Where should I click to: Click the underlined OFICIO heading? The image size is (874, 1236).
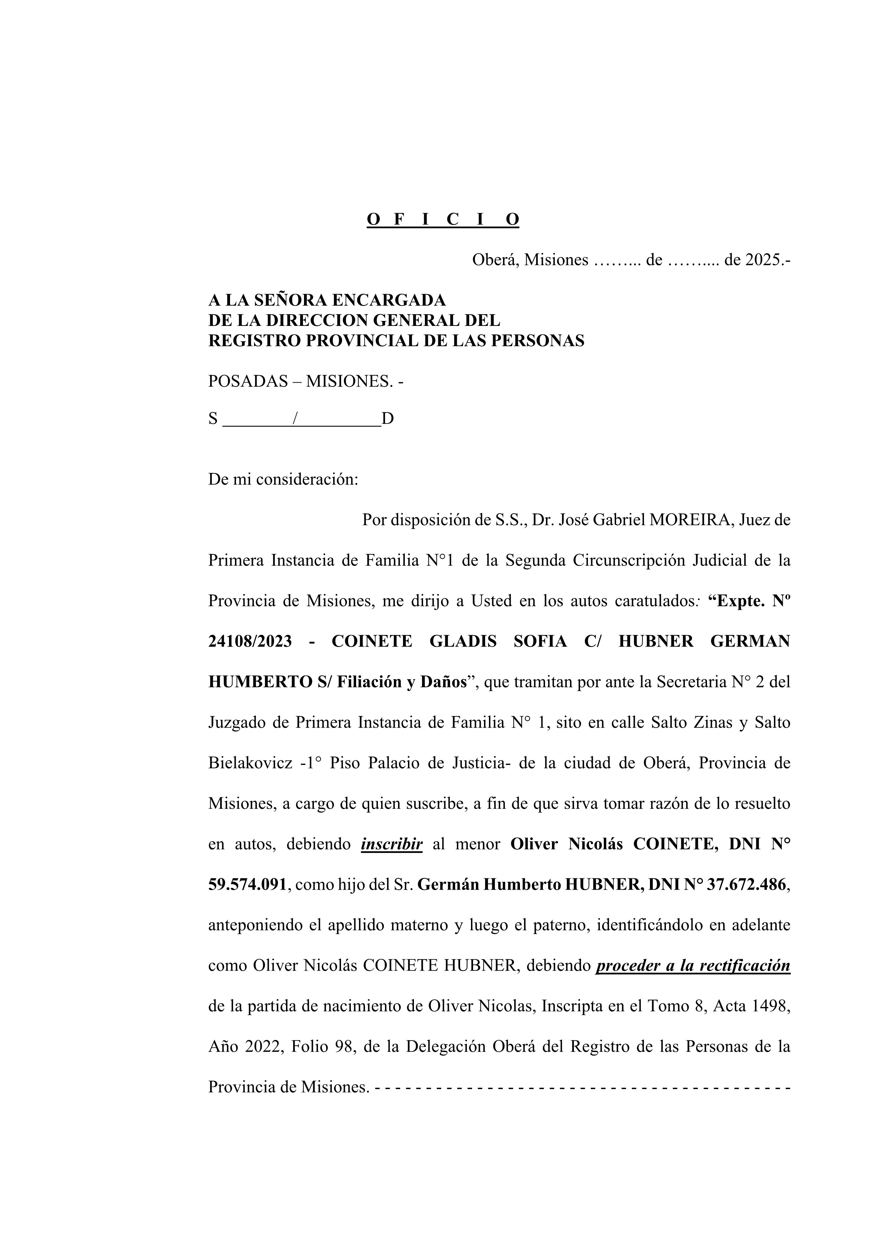442,219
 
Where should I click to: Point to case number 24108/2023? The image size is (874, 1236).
250,641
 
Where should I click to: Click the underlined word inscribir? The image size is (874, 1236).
391,844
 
